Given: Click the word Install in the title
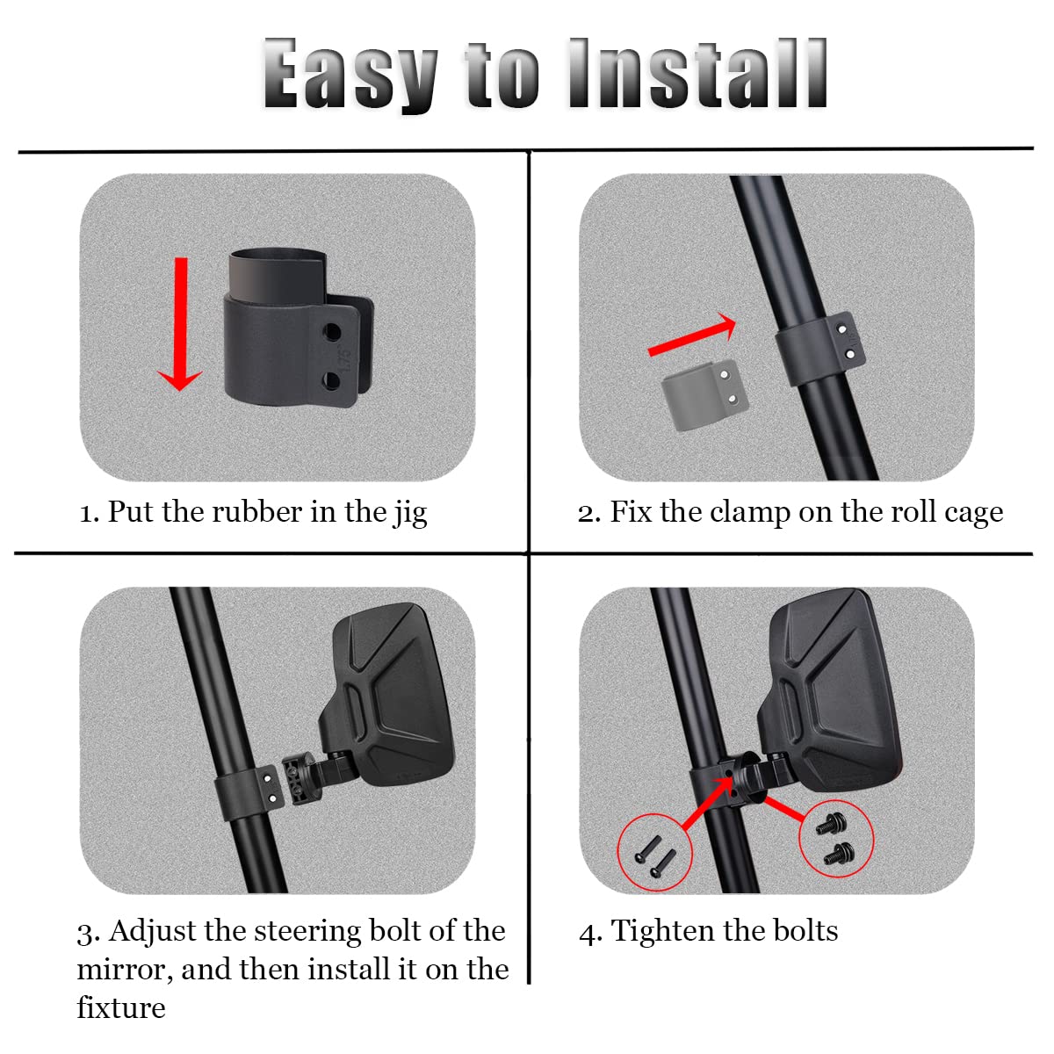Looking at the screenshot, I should pos(698,75).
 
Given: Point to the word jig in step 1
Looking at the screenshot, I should pos(409,513).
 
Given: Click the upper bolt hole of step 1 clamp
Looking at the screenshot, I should pos(332,333).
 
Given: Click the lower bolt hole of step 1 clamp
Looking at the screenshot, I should pos(332,379).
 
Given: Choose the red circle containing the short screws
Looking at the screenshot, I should pos(836,838).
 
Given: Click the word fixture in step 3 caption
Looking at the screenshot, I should pos(120,1007).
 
